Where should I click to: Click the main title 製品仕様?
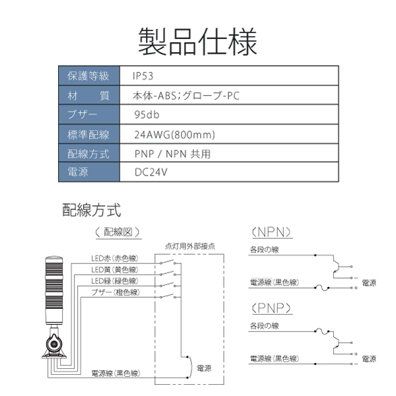click(x=198, y=42)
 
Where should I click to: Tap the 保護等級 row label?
click(x=88, y=76)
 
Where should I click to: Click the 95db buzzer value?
click(x=147, y=115)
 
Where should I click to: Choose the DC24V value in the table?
click(x=151, y=172)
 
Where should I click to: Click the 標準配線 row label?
click(x=88, y=135)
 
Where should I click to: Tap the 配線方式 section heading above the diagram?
click(x=92, y=210)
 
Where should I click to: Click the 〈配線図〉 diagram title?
click(x=117, y=232)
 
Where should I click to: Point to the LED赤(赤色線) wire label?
click(x=115, y=258)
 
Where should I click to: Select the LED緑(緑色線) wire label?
click(x=115, y=281)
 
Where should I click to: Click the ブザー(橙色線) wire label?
click(x=115, y=292)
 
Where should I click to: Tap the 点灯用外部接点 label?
click(x=190, y=246)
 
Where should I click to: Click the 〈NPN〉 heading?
click(x=271, y=232)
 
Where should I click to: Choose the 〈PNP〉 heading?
click(x=271, y=308)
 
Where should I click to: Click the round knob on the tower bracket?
click(x=54, y=344)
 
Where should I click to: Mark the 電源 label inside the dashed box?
click(x=204, y=368)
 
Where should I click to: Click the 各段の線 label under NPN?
click(x=265, y=249)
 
